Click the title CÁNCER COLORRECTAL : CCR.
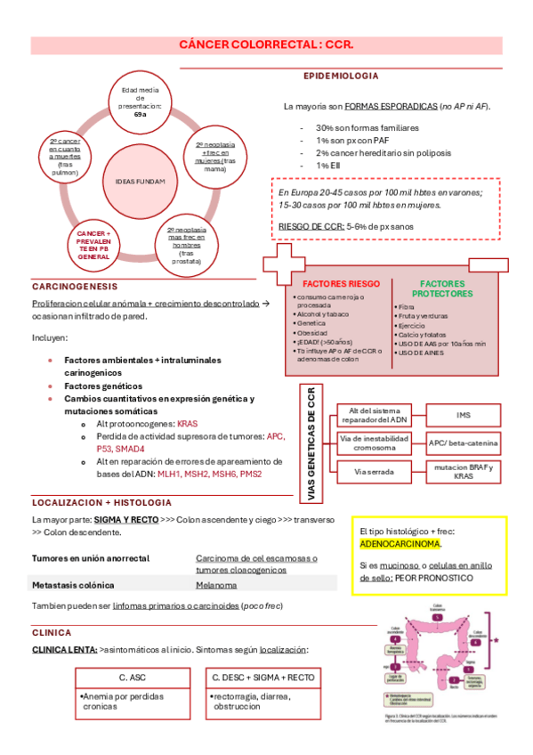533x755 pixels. click(266, 44)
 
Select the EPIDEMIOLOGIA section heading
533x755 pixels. click(341, 76)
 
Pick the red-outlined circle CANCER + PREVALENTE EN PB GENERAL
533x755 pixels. click(93, 243)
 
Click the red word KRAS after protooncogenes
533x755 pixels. click(188, 424)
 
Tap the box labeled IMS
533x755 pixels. click(464, 415)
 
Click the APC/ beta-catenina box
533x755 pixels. click(464, 442)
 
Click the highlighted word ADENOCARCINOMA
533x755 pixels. click(400, 543)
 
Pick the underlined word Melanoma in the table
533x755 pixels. click(215, 585)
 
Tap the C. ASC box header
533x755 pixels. click(132, 678)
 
